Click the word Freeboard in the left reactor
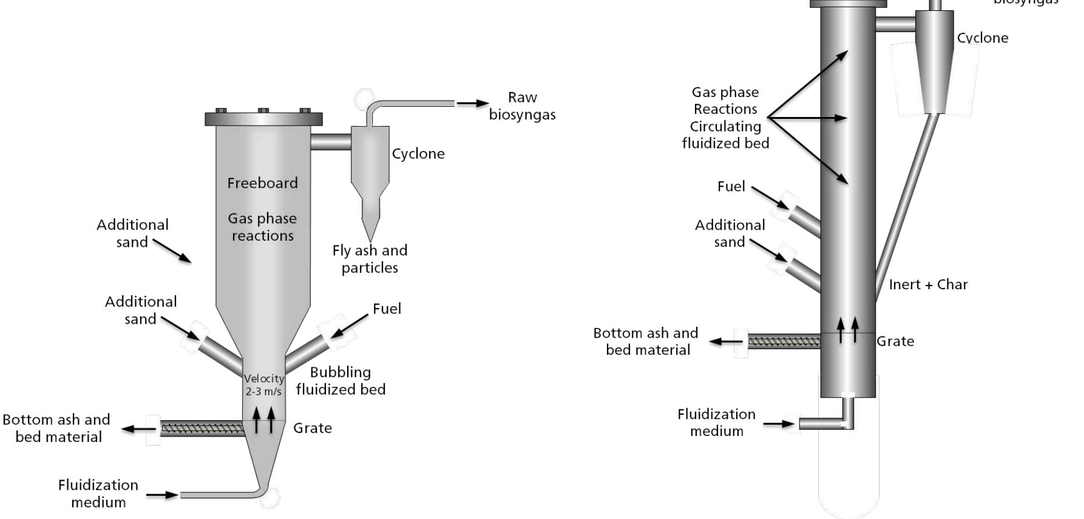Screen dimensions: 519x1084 click(x=262, y=183)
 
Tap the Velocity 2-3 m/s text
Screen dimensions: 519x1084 click(x=263, y=385)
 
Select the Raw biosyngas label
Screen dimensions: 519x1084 click(x=522, y=106)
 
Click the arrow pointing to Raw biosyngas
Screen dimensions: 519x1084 click(x=473, y=104)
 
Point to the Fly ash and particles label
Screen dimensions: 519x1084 click(x=370, y=259)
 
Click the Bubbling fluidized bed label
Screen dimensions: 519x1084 click(x=340, y=381)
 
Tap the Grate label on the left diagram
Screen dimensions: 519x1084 click(x=312, y=428)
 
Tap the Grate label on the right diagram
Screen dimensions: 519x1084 click(x=895, y=341)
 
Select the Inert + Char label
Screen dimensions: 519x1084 click(x=928, y=284)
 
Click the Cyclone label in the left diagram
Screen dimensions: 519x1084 click(x=418, y=154)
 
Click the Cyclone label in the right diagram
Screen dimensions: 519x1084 click(x=982, y=38)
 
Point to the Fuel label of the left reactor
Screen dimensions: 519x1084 click(x=387, y=309)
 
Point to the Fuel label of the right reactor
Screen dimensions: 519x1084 click(x=731, y=187)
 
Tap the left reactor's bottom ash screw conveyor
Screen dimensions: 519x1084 click(x=202, y=429)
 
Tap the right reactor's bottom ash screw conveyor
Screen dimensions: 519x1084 click(x=784, y=341)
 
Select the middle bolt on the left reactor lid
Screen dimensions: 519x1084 click(x=263, y=111)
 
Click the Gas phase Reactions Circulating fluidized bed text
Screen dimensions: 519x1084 click(x=725, y=118)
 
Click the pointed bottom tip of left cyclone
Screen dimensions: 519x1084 click(x=370, y=240)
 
